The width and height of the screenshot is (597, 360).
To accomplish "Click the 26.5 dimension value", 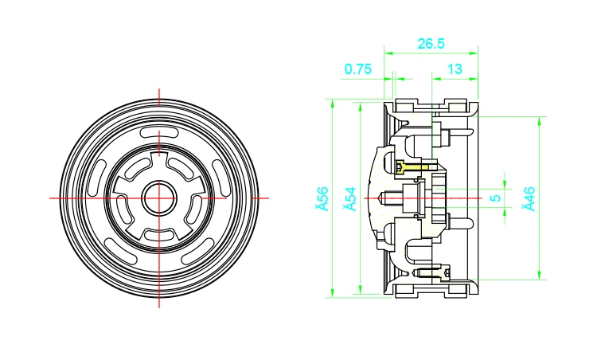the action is pos(430,44).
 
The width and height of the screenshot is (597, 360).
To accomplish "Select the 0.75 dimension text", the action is pos(358,69).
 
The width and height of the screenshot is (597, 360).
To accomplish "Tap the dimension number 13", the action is pos(455,69).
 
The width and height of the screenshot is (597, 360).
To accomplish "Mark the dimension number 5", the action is pos(495,198).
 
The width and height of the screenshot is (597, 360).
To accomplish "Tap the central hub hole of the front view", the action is pos(159,198).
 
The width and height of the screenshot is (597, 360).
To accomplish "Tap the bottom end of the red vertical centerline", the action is pos(159,307).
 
